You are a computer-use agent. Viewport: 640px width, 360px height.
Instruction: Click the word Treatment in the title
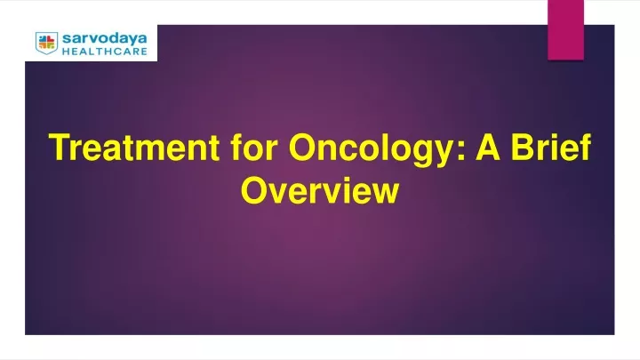[134, 147]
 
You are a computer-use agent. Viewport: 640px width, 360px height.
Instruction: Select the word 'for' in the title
[254, 147]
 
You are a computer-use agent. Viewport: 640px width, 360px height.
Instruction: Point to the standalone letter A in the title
[488, 147]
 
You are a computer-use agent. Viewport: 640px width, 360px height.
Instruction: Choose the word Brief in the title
[551, 147]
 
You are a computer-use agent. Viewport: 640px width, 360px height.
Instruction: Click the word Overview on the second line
[320, 190]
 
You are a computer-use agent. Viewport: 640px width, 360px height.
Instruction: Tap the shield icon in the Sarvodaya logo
[46, 43]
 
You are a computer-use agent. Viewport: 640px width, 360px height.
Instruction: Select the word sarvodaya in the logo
[105, 39]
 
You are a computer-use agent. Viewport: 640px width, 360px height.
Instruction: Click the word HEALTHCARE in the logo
[105, 52]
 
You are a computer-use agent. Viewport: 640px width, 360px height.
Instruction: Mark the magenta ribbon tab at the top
[565, 30]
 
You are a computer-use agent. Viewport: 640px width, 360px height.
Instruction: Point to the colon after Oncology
[461, 150]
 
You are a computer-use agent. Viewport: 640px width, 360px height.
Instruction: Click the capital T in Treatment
[60, 147]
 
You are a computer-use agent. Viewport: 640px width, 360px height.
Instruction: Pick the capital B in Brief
[524, 147]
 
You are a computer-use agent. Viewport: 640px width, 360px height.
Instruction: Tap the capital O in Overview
[254, 190]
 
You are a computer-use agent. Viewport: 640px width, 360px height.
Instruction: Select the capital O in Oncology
[303, 147]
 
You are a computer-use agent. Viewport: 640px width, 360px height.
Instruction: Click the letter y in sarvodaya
[130, 41]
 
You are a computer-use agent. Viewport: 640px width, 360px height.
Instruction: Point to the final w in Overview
[385, 193]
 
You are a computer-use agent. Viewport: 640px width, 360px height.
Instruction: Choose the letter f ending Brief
[586, 146]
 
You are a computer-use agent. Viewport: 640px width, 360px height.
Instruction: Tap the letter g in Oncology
[420, 154]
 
